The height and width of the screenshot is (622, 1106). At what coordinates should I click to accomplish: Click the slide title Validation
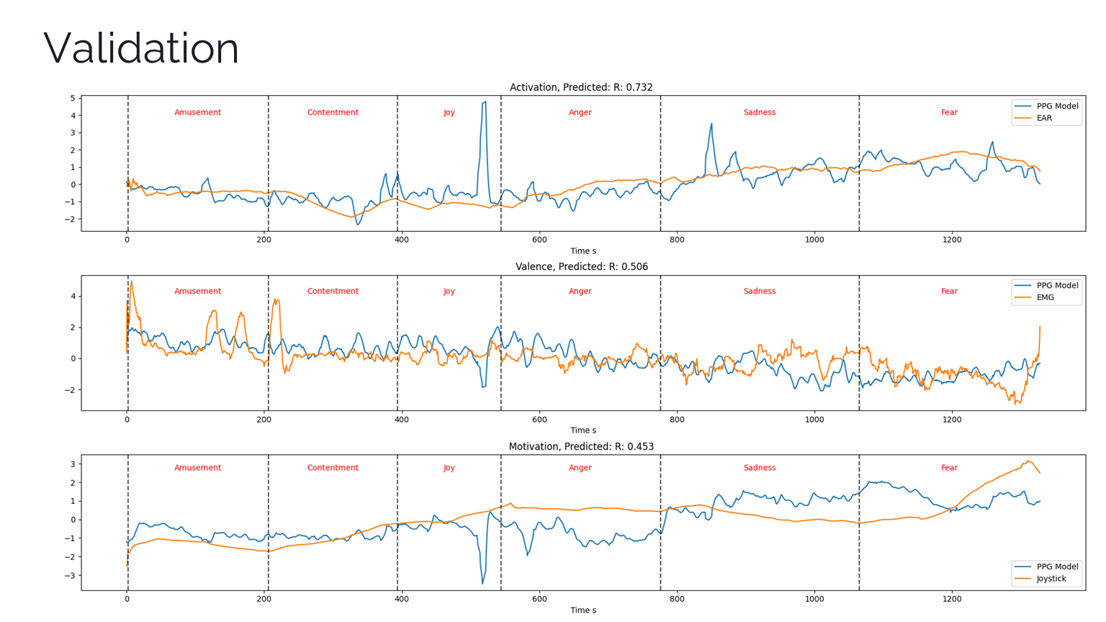click(141, 49)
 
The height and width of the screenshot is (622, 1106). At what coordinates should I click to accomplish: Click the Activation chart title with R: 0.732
click(581, 87)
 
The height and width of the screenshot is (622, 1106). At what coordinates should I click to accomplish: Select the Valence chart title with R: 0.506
click(581, 266)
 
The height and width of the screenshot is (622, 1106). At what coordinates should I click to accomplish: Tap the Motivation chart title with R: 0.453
click(581, 446)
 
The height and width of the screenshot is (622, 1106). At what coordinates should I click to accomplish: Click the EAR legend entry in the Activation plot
click(1044, 118)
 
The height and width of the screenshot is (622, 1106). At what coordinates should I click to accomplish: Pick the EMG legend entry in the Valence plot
click(1045, 297)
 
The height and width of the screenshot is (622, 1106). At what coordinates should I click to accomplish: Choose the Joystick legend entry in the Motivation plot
click(1051, 578)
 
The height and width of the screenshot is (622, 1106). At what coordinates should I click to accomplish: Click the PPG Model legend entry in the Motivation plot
click(1057, 567)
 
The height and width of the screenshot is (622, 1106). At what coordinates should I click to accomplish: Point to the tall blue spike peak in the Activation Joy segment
click(485, 102)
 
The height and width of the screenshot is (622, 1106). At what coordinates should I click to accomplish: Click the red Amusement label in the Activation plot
click(197, 112)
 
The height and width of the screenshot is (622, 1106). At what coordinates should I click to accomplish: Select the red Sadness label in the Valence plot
click(760, 292)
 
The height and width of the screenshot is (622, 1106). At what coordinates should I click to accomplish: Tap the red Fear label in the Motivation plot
click(949, 468)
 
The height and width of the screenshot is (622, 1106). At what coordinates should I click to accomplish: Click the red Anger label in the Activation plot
click(580, 112)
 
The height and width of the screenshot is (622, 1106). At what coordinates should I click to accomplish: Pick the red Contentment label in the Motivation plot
click(333, 468)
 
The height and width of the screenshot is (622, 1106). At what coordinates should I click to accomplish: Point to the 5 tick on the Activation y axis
click(73, 99)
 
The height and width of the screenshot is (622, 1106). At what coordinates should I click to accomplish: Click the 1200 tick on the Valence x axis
click(952, 419)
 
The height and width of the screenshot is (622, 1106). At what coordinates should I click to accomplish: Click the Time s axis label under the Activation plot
click(583, 251)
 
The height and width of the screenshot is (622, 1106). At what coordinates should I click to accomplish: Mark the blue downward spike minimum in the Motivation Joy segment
click(482, 583)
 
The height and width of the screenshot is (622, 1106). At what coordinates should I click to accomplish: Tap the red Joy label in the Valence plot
click(449, 292)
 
